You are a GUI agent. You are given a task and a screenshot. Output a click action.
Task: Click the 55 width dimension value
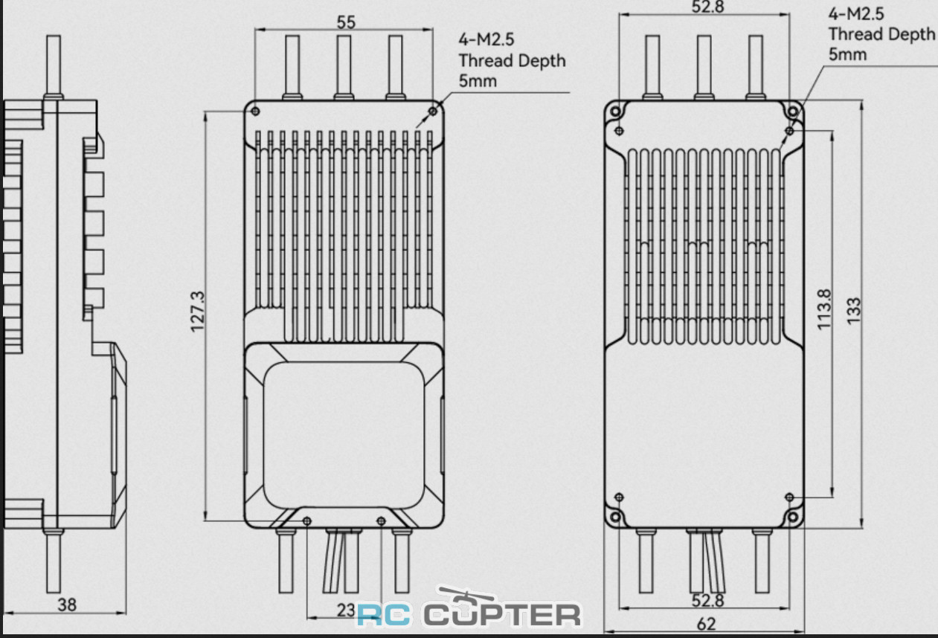(x=346, y=22)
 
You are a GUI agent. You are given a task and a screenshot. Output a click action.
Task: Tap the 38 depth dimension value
(x=67, y=605)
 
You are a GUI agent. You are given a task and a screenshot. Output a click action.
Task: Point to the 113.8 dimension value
(x=824, y=309)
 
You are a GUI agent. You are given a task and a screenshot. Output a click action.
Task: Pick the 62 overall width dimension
(x=706, y=624)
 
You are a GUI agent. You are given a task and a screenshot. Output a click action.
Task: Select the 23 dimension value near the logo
(x=346, y=610)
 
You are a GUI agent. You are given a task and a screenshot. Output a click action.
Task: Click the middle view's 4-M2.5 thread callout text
(x=512, y=60)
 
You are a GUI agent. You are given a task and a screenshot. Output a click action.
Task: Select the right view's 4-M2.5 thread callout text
(x=881, y=34)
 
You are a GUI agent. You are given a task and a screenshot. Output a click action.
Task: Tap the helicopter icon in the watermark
(x=466, y=598)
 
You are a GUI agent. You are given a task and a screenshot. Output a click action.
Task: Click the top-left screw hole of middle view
(x=256, y=111)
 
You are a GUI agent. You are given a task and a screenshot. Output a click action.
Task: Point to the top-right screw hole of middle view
(x=433, y=111)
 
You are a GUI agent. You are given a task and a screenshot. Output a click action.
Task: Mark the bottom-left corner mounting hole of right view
(x=616, y=517)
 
